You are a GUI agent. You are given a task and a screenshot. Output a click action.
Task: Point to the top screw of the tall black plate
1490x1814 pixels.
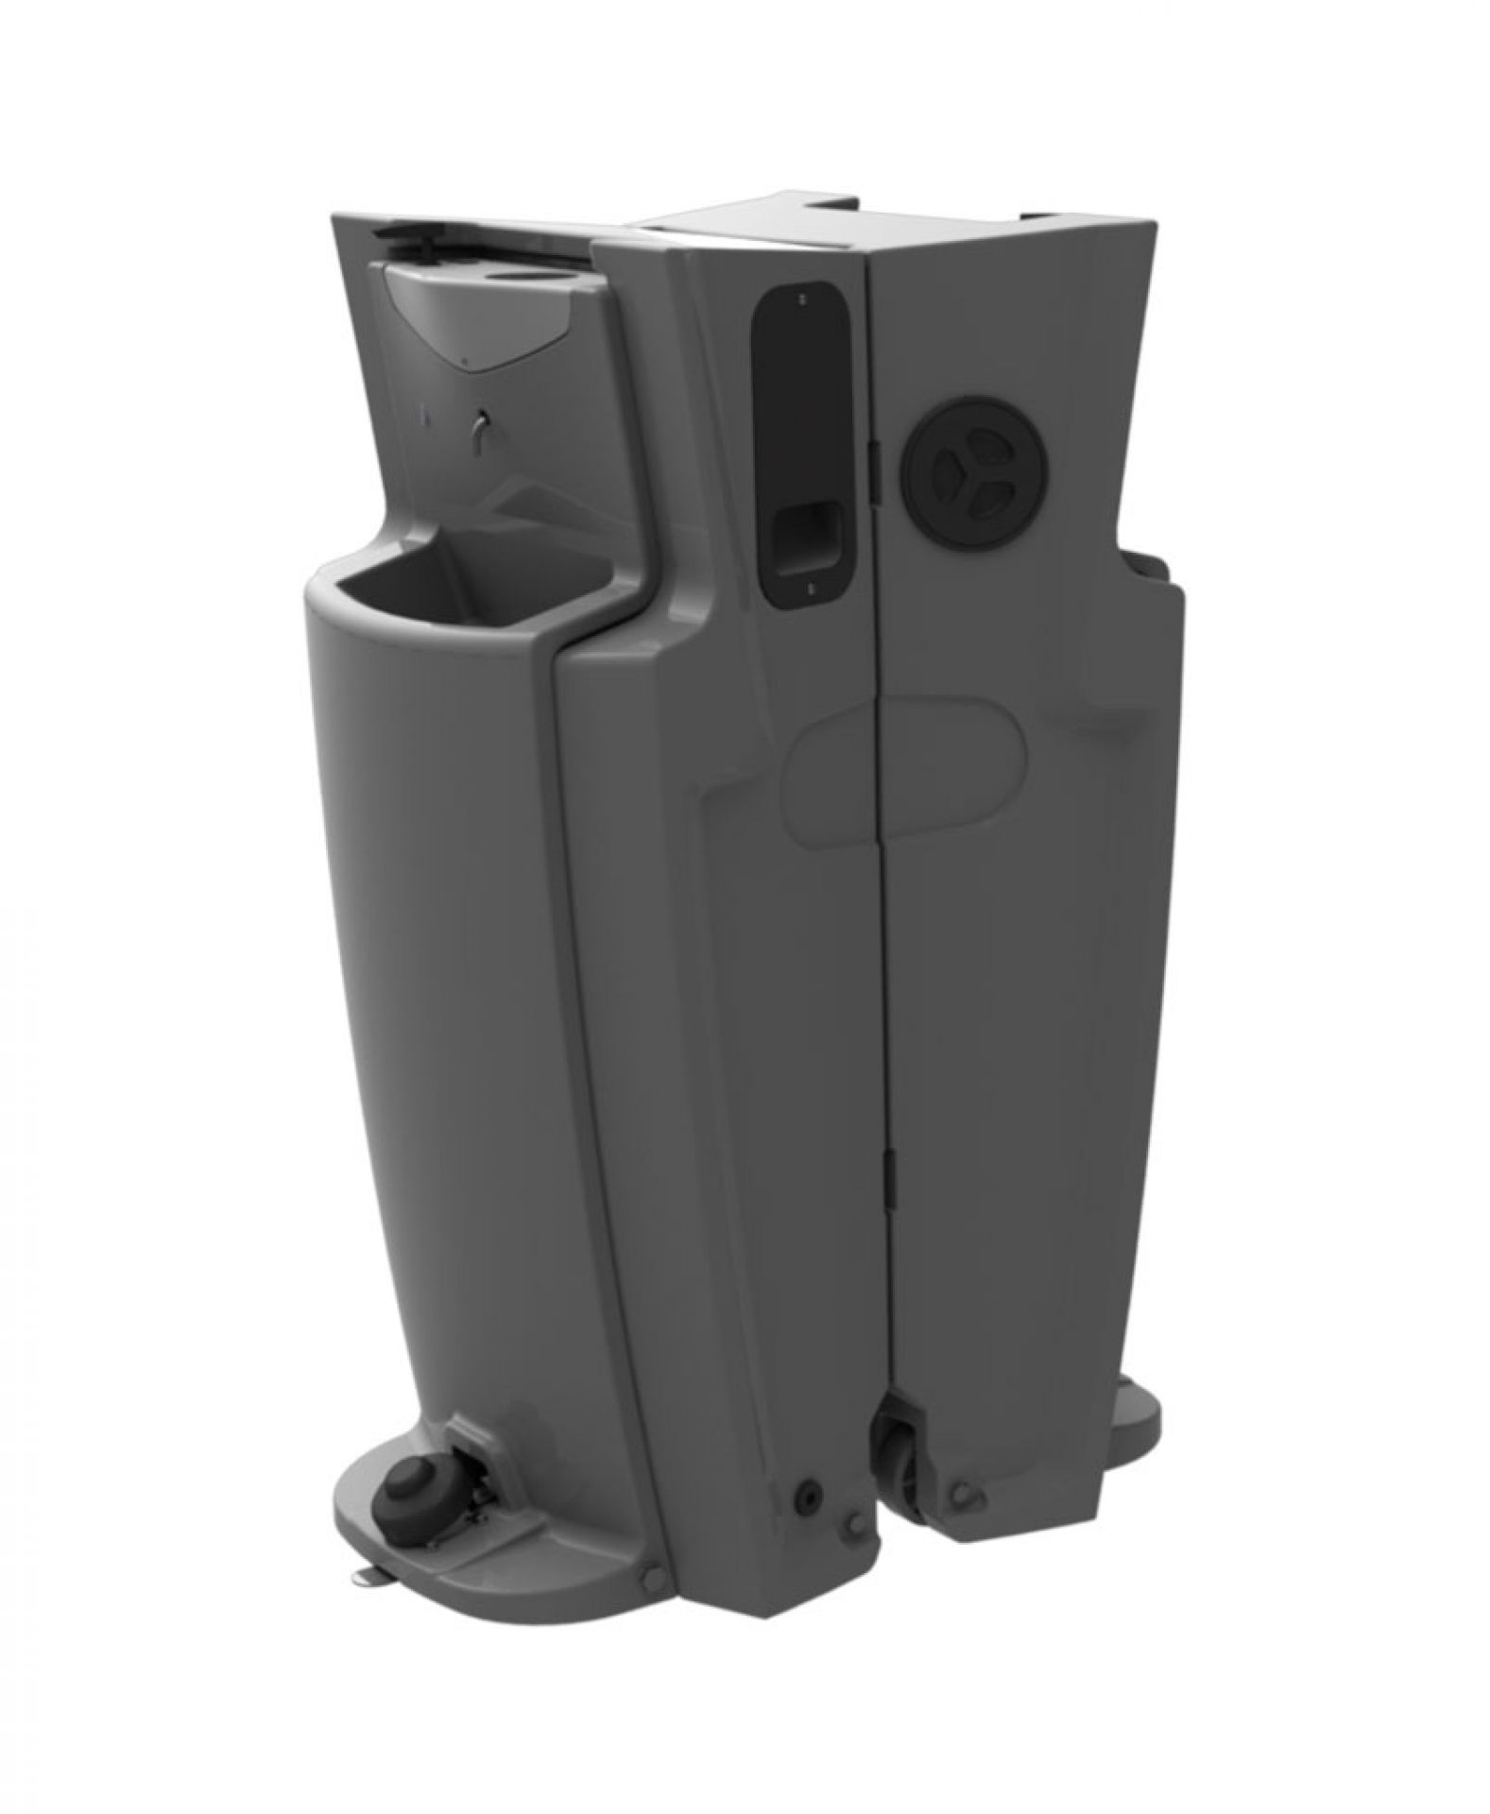[800, 299]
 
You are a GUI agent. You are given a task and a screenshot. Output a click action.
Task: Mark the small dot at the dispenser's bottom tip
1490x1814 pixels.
[465, 360]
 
